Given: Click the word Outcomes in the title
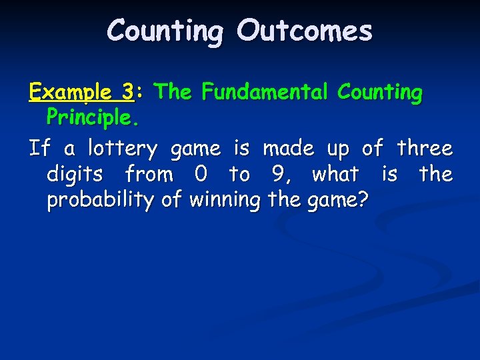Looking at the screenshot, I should [305, 31].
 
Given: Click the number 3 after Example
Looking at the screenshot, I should [127, 92].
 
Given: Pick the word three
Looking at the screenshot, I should [424, 147].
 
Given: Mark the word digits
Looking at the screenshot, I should [75, 175].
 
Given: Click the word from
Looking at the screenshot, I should [149, 175].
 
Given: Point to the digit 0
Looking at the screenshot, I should [200, 175].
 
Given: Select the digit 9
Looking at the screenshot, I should [277, 175].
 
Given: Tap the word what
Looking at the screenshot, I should [335, 175].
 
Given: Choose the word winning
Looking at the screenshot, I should [224, 199].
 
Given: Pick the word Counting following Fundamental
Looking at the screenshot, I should [379, 92].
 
